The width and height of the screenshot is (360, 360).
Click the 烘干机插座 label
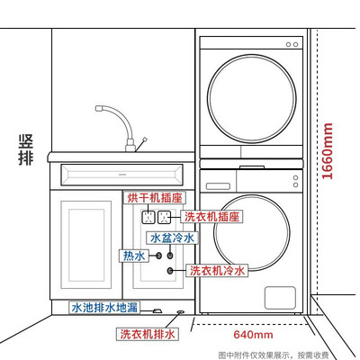(x=155, y=198)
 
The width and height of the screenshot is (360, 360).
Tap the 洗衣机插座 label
(x=211, y=217)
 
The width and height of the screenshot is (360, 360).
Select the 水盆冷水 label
(x=172, y=238)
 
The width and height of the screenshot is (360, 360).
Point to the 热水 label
(x=134, y=256)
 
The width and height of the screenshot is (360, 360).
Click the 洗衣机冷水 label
(x=217, y=271)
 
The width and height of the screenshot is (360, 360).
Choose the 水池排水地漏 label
(x=104, y=308)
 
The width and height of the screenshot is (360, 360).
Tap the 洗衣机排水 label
(x=148, y=334)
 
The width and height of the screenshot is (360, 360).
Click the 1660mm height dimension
(x=328, y=151)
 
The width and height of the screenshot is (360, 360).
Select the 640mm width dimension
(x=253, y=334)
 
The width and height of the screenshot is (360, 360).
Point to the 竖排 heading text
(x=26, y=149)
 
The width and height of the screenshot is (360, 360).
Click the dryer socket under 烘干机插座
(x=148, y=217)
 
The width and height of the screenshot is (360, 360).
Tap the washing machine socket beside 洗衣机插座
(x=165, y=217)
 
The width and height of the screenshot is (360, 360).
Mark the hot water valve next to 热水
(x=158, y=256)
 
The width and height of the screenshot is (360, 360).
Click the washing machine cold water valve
(x=170, y=271)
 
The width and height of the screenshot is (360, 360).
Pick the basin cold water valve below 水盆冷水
(x=170, y=256)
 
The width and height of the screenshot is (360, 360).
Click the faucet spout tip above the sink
(x=98, y=108)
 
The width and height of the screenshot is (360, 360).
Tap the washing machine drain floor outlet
(x=181, y=312)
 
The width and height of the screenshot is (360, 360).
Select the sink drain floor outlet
(x=157, y=311)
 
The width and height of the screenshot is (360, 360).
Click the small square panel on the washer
(x=280, y=298)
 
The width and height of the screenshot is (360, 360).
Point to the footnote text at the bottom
(x=274, y=355)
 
